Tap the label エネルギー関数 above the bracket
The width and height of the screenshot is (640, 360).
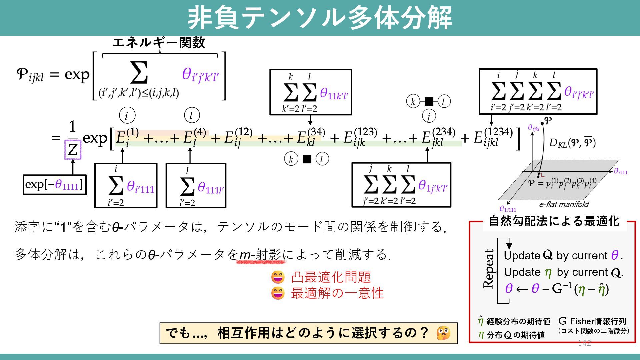coord(159,43)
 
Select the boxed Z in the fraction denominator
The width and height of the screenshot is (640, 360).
coord(73,150)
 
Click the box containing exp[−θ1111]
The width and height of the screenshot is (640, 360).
coord(54,184)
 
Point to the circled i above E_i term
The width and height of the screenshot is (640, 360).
coord(127,116)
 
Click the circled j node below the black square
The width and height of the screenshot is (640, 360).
coord(429,116)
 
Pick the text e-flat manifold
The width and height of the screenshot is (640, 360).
coord(564,204)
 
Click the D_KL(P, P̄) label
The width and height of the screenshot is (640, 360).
coord(572,143)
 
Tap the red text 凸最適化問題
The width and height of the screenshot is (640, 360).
coord(331,277)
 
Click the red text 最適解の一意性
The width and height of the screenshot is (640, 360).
coord(337,293)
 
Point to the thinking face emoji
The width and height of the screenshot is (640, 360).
coord(443,333)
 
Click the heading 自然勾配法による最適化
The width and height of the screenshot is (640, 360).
coord(554,221)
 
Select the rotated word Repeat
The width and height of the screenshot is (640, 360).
coord(489,269)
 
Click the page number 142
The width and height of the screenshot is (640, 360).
coord(584,343)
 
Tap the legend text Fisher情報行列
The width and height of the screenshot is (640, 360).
coord(598,321)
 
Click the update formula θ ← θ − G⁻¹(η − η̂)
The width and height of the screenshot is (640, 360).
coord(557,288)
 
